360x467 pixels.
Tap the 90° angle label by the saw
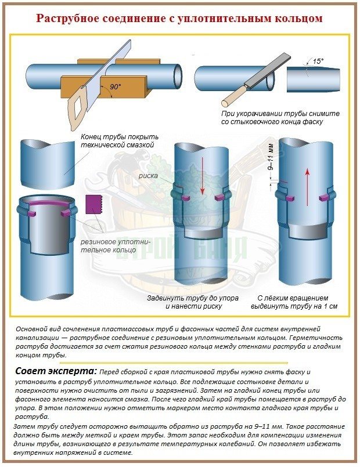click(x=116, y=87)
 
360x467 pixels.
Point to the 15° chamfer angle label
click(x=318, y=61)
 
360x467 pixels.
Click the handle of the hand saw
click(x=77, y=106)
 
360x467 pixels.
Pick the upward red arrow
click(x=307, y=187)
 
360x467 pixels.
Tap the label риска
click(x=148, y=176)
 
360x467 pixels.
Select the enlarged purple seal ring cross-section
click(x=93, y=204)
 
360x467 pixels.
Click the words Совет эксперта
click(x=56, y=371)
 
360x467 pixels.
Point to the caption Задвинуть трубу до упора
click(x=193, y=298)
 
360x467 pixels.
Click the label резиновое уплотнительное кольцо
click(x=116, y=246)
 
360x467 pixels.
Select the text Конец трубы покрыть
click(x=120, y=137)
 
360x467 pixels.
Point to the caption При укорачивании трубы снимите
click(x=280, y=114)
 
